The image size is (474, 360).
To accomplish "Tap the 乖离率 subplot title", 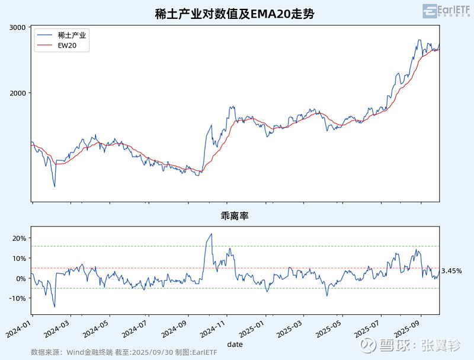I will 235,216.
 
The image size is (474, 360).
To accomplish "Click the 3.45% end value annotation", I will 452,270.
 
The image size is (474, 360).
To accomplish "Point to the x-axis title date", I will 235,343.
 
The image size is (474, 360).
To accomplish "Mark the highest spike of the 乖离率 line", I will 212,234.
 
